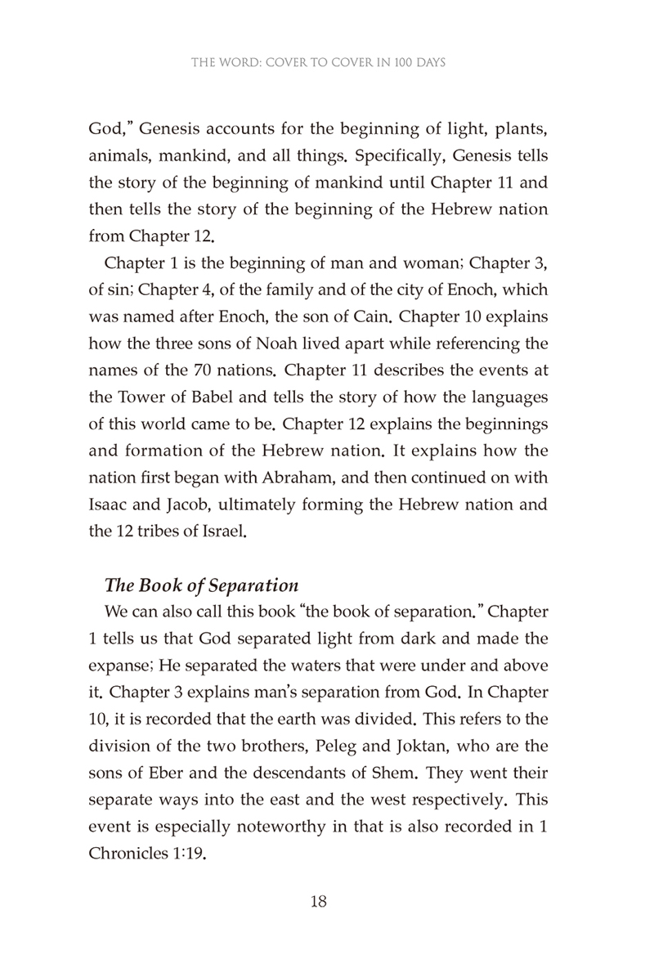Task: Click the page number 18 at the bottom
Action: pyautogui.click(x=319, y=903)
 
